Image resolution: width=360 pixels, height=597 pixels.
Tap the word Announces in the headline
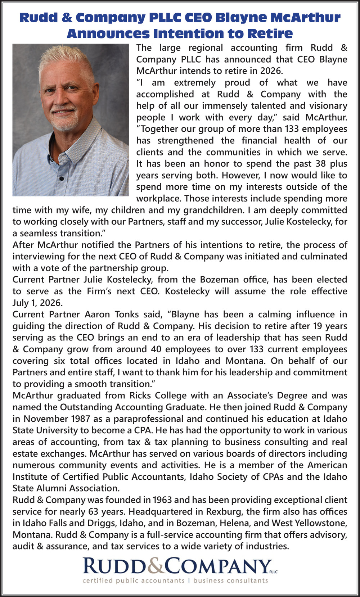[108, 33]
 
